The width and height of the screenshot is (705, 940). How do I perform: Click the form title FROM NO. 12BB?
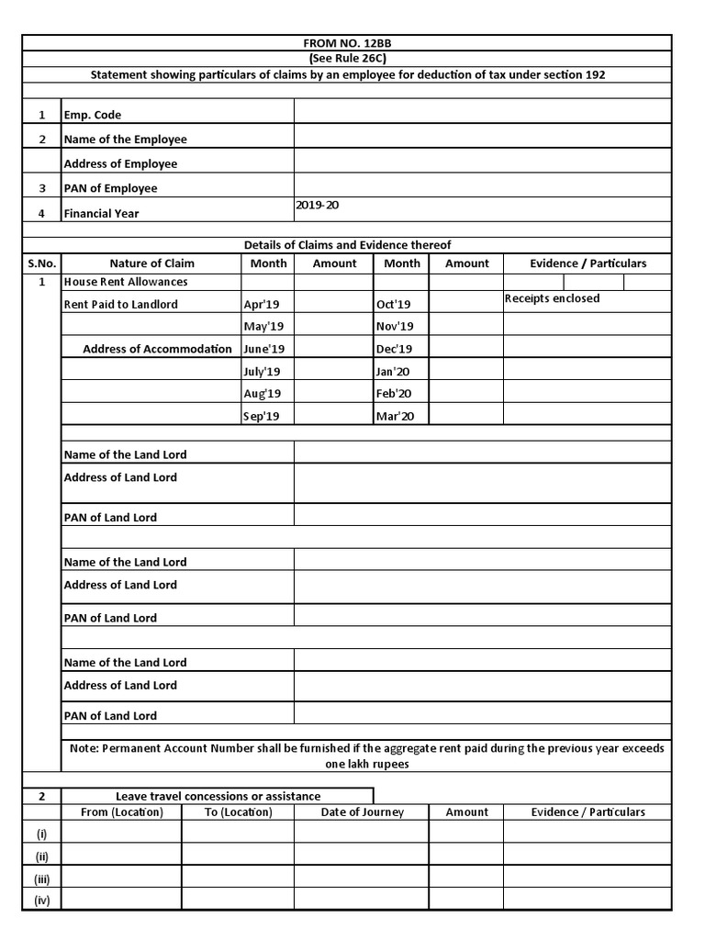pos(347,42)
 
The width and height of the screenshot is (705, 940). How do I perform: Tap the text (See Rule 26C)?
pos(347,58)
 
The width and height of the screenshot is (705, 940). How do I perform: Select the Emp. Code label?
pos(93,116)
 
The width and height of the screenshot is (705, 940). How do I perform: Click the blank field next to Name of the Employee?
pos(482,140)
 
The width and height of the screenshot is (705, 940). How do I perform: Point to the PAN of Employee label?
pos(111,188)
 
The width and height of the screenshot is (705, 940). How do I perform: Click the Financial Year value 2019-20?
pos(318,206)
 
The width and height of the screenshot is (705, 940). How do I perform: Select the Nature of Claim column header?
pos(151,263)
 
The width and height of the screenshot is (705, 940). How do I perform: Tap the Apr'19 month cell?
pos(263,304)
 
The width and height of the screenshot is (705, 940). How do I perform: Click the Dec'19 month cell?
pos(395,349)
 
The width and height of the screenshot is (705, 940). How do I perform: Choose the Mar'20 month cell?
pos(396,417)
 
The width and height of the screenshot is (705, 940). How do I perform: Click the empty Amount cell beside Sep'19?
pos(334,417)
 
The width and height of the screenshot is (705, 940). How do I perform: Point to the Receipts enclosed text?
pos(553,298)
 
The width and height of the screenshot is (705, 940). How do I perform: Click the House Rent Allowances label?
pos(126,282)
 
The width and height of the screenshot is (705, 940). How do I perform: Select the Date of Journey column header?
pos(362,812)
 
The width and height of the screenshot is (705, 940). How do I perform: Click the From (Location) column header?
pos(122,812)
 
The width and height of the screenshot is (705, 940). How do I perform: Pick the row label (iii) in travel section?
pos(41,878)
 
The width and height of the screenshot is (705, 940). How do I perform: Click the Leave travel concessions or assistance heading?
pos(218,796)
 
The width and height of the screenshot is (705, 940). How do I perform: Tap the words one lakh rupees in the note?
pos(367,764)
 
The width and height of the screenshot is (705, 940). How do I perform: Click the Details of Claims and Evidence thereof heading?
pos(347,245)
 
